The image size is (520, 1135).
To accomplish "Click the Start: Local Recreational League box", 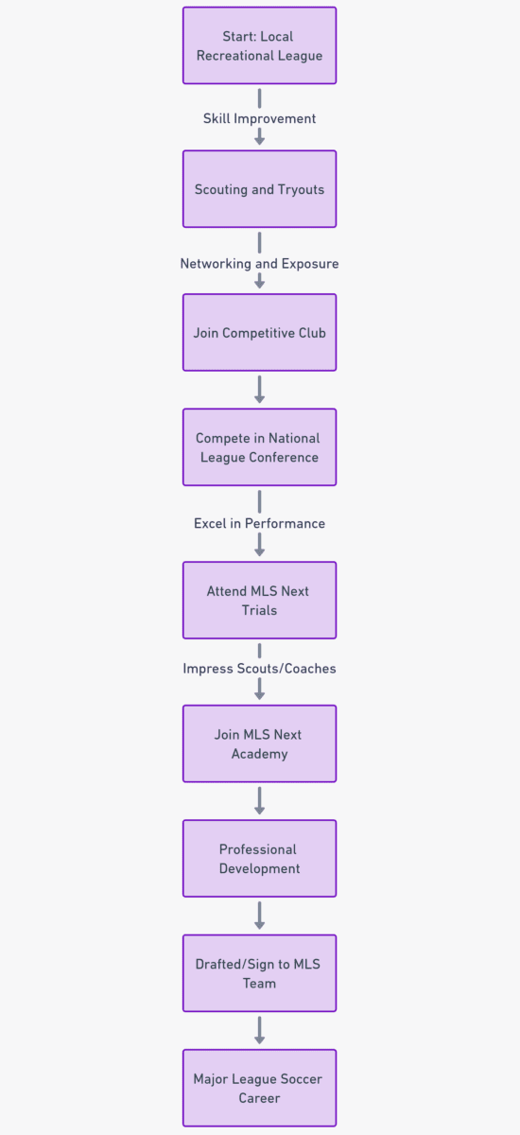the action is (x=259, y=45).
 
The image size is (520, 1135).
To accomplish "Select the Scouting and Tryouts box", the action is (x=259, y=189).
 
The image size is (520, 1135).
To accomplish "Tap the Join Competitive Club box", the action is (x=259, y=332).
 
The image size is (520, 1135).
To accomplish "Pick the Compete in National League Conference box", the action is (x=259, y=447).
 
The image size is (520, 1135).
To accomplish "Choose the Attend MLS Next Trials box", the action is (x=259, y=601).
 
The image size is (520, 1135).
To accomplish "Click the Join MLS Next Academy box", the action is (x=259, y=743).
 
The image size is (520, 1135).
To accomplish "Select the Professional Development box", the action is (x=259, y=859).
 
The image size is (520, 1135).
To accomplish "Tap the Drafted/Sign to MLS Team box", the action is (x=259, y=973).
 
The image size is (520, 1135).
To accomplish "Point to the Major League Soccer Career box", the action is (x=259, y=1088).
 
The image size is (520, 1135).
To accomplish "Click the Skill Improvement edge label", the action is (x=259, y=118).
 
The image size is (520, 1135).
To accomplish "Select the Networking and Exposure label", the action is (x=259, y=264).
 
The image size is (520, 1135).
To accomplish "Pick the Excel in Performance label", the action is (x=259, y=523).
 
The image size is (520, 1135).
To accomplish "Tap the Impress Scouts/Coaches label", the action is (x=259, y=669).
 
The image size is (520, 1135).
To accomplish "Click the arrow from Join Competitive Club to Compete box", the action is (x=259, y=390).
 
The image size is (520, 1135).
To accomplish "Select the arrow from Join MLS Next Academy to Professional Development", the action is (x=259, y=800).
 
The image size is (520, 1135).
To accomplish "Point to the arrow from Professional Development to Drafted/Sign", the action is (x=259, y=916).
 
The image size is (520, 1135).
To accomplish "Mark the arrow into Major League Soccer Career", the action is (x=259, y=1030).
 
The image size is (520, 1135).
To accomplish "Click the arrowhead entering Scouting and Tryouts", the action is (x=259, y=141).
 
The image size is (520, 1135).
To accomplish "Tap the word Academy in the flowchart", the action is (x=259, y=754).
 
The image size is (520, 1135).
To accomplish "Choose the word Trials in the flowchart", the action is (x=259, y=610).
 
